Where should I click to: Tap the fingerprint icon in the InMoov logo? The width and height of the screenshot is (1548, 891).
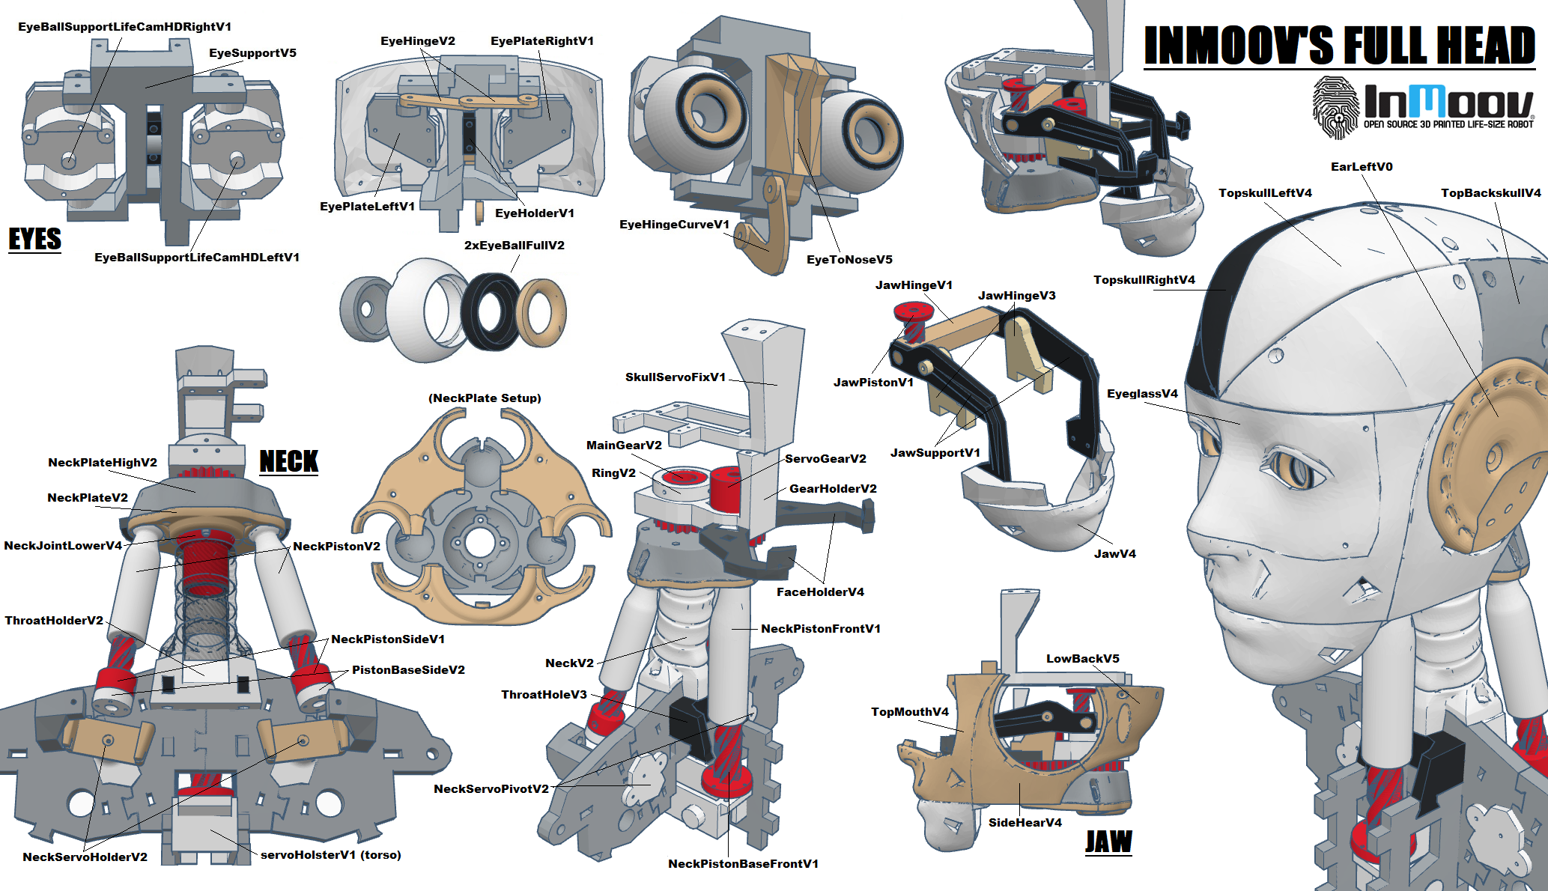point(1335,108)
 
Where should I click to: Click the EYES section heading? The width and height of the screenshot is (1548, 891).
point(34,239)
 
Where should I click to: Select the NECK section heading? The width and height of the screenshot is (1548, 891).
point(288,461)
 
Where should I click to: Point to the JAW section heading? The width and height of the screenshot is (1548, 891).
point(1108,842)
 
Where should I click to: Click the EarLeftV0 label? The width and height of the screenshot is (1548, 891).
point(1361,167)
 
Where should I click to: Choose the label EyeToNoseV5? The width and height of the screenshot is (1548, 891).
point(849,260)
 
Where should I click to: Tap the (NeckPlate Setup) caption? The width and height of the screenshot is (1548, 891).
point(485,398)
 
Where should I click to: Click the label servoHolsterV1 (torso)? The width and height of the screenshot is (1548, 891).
point(330,855)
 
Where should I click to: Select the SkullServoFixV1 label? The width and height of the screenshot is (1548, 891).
point(676,377)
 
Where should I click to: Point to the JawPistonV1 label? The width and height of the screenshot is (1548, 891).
point(873,383)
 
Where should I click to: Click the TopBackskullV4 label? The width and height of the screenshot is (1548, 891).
point(1490,193)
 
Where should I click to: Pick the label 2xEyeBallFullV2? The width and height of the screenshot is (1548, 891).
point(514,246)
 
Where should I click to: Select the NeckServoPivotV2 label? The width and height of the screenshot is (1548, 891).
point(491,789)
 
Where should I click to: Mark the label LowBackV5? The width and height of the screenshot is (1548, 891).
point(1082,659)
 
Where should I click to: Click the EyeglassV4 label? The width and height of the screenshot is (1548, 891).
point(1142,394)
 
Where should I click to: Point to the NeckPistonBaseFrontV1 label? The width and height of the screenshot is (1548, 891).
point(743,864)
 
